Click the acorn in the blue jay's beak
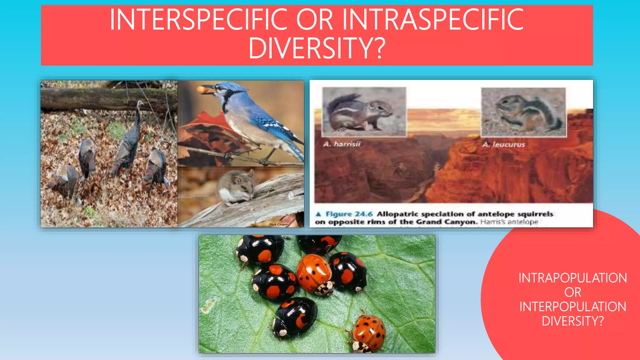click(x=202, y=90)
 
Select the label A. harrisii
click(x=342, y=144)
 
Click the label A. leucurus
click(x=503, y=144)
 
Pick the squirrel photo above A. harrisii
click(x=364, y=112)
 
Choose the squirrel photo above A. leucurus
click(x=523, y=112)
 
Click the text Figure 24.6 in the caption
click(x=349, y=214)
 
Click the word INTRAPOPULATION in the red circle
click(x=572, y=278)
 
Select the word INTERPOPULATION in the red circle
click(x=572, y=307)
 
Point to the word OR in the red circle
click(x=572, y=292)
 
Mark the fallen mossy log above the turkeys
click(x=106, y=98)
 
